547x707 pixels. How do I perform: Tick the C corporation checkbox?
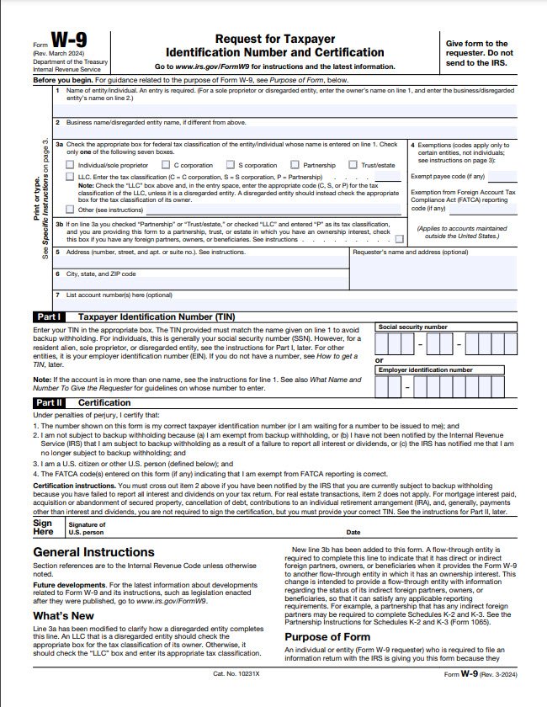click(x=165, y=166)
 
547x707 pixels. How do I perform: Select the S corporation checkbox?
click(x=229, y=166)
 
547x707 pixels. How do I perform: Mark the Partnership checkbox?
click(x=294, y=166)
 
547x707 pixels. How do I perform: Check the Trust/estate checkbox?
click(x=353, y=166)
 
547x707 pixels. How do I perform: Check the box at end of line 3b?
click(x=398, y=239)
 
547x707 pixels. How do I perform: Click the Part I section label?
click(x=47, y=316)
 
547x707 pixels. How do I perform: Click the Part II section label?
click(x=47, y=403)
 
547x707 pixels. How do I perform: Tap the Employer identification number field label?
click(x=425, y=369)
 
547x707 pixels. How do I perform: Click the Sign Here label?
click(x=43, y=527)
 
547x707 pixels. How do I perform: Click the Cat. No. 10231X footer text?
click(x=236, y=697)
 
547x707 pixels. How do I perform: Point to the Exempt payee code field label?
click(x=447, y=177)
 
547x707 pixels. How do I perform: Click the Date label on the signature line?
click(x=353, y=532)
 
